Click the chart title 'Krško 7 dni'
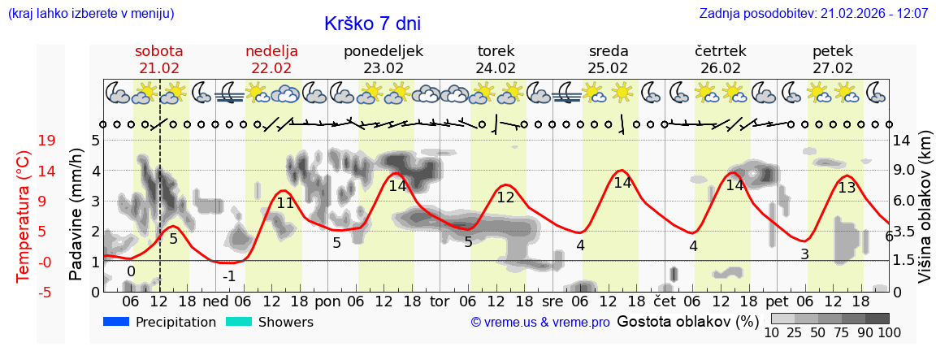tap(372, 24)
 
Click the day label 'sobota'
tap(159, 51)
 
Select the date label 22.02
tap(271, 68)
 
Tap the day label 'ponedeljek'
tap(383, 51)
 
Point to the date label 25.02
tap(609, 68)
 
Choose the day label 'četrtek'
tap(721, 51)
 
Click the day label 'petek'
tap(833, 51)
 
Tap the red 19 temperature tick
tap(47, 141)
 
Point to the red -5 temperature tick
tap(47, 292)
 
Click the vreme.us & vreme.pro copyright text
tap(540, 323)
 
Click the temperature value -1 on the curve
tap(230, 275)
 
